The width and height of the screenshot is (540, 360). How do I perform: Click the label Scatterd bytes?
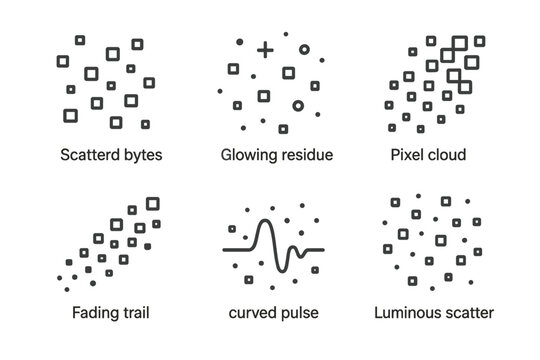(111, 155)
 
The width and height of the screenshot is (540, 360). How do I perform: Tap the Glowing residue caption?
(276, 155)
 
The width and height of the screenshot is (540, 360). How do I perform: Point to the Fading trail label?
(111, 313)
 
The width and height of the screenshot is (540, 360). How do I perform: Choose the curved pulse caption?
(273, 313)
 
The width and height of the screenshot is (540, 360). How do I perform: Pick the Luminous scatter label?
(433, 313)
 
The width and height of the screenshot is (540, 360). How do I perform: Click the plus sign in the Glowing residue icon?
(265, 49)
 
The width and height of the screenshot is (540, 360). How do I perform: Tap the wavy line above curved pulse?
(273, 248)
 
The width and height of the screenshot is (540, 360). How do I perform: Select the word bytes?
(143, 155)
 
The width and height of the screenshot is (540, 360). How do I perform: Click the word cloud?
(447, 155)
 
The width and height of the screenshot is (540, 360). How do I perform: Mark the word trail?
(134, 313)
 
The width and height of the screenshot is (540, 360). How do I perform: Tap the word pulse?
(299, 313)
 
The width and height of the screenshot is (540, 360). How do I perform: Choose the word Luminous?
(409, 313)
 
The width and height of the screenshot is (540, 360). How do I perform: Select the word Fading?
(93, 313)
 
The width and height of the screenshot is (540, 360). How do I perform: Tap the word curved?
(250, 313)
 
